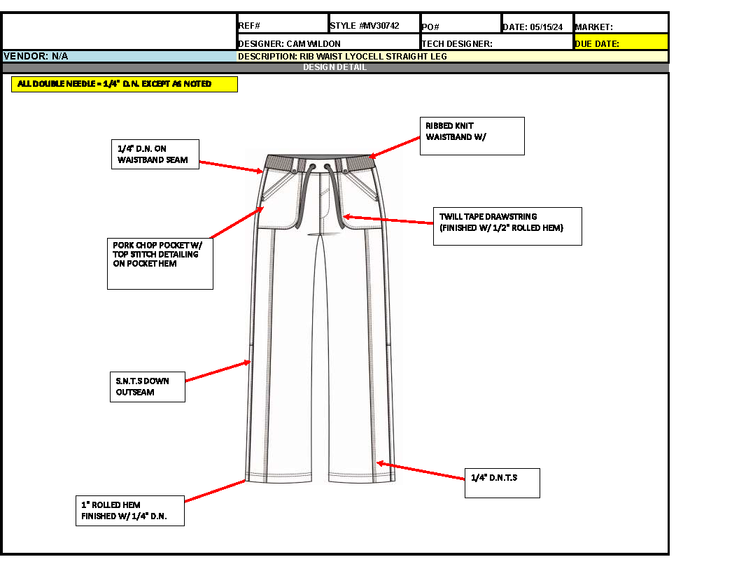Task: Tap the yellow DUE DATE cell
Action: coord(621,43)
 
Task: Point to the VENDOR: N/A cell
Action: coord(120,56)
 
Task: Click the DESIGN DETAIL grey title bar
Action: coord(335,68)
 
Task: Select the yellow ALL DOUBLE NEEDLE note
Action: coord(125,84)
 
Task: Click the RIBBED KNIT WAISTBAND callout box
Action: coord(472,136)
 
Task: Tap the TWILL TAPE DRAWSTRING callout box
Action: coord(507,226)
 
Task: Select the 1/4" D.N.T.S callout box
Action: coord(502,483)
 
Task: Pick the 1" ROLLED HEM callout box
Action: coord(130,511)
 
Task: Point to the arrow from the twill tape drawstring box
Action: coord(388,220)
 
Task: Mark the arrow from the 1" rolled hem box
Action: coord(214,491)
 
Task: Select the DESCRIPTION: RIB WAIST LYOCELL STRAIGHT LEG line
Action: coord(452,56)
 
